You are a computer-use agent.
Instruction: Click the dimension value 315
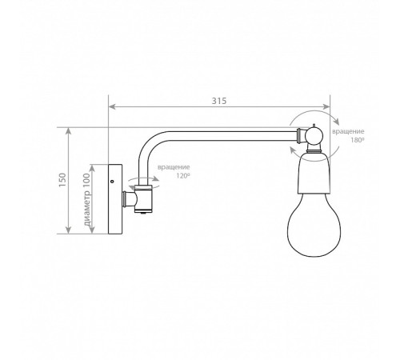coord(219,101)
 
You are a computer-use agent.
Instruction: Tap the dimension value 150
coord(62,180)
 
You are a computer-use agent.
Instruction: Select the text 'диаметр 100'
coord(86,199)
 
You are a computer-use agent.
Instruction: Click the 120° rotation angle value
coord(182,176)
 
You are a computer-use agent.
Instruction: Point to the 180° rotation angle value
coord(358,140)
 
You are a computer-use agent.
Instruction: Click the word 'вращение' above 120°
coord(174,167)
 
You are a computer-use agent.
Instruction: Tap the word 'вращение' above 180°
coord(348,131)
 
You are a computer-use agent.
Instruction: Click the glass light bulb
coord(314,224)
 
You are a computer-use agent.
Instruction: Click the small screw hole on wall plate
coord(112,182)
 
